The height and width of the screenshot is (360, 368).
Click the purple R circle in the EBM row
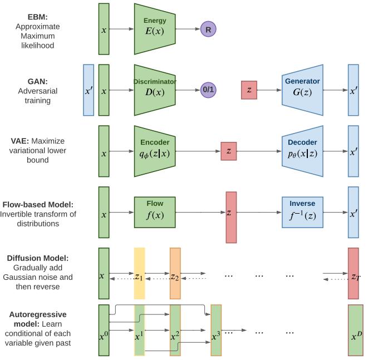point(208,29)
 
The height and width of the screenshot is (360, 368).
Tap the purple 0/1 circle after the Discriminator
point(208,90)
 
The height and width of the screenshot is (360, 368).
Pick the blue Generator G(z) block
point(303,90)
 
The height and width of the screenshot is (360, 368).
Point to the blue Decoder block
point(303,151)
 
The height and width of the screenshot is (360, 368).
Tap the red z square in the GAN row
point(249,90)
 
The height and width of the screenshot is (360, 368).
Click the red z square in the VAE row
point(228,151)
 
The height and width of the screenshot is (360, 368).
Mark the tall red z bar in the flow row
point(231,217)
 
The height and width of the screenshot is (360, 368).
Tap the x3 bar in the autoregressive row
point(216,331)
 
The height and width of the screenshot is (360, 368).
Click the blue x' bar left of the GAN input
point(88,90)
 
